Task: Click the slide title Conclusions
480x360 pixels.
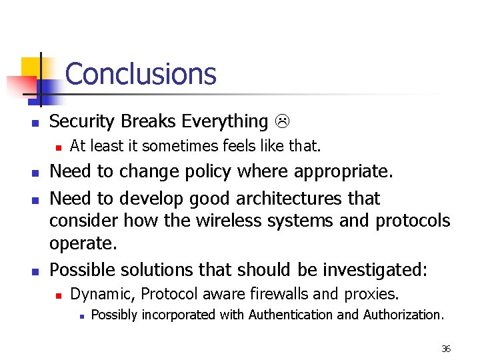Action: click(141, 74)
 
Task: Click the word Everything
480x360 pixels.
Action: click(225, 121)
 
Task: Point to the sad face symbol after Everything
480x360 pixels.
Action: click(281, 121)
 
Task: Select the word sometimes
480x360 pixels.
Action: click(173, 145)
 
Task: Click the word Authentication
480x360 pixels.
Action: click(291, 315)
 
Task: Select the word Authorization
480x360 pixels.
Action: click(403, 315)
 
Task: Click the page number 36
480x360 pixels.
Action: click(446, 349)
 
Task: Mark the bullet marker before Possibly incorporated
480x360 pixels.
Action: click(80, 315)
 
